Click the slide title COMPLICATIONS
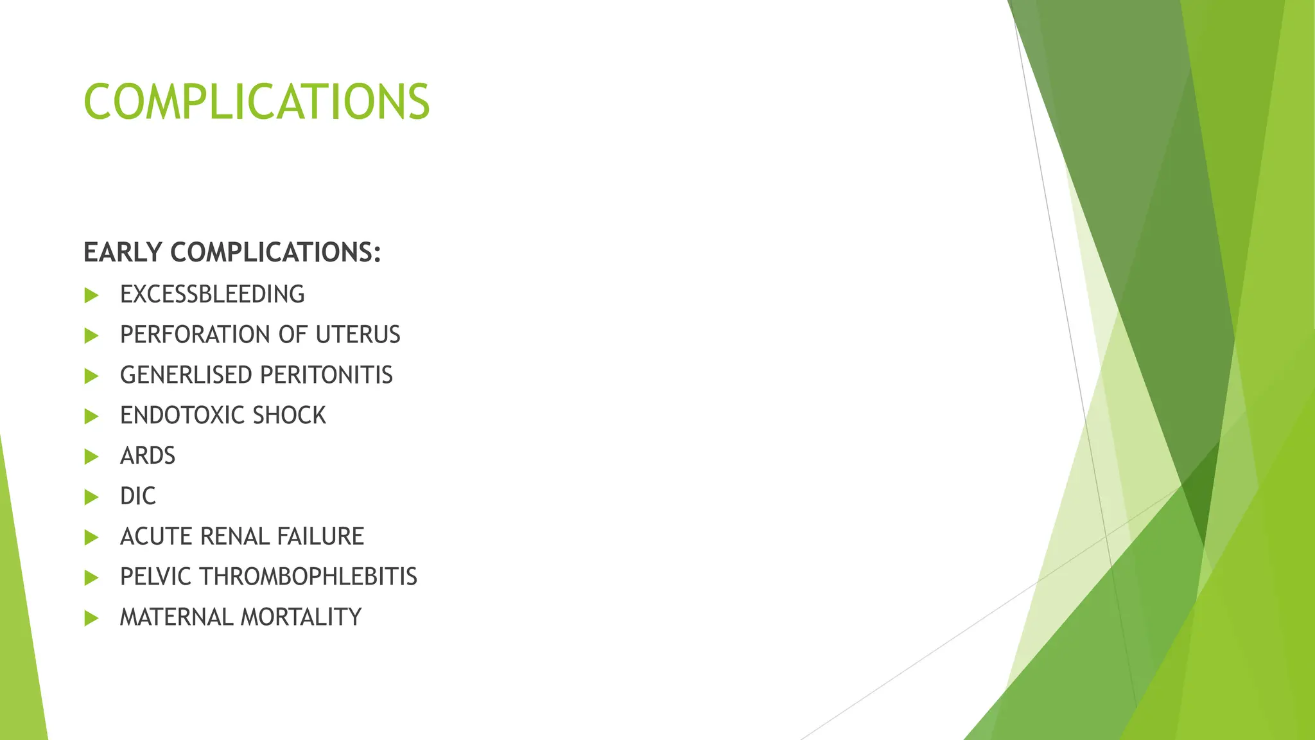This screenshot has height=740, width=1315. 256,101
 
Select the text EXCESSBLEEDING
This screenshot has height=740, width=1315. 212,294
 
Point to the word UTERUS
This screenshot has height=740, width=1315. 358,335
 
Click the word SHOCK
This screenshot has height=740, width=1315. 289,416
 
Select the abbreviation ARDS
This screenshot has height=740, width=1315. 148,456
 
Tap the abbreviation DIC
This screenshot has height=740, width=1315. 137,496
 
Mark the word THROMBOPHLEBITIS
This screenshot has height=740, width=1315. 308,577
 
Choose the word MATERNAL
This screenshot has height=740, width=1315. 176,617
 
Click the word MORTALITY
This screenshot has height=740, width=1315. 301,617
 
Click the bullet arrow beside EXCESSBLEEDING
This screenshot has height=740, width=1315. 92,295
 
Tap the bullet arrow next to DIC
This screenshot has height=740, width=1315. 92,497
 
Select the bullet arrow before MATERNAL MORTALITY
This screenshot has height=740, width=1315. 92,619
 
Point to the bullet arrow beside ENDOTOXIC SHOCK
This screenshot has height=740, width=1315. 92,416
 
